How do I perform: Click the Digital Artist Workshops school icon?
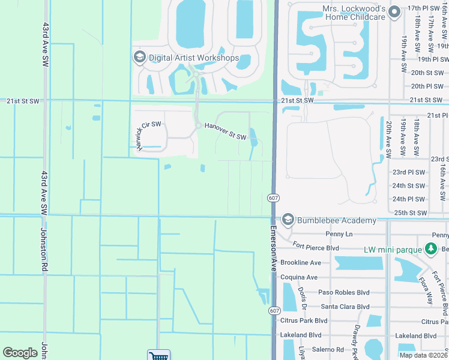click(139, 57)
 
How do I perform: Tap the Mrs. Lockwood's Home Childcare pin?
click(394, 11)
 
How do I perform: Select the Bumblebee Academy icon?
click(288, 220)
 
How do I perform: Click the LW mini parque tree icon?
click(430, 248)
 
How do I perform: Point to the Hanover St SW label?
click(225, 131)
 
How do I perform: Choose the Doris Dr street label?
click(303, 298)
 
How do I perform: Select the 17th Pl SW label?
click(423, 8)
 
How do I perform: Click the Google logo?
click(20, 353)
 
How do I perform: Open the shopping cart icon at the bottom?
click(158, 355)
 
